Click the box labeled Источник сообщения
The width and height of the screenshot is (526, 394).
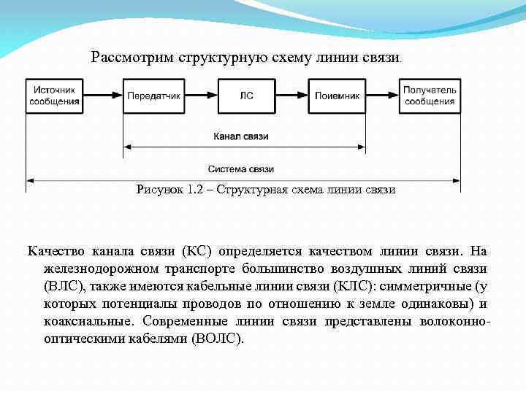click(55, 96)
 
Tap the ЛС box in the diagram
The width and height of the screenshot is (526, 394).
click(247, 96)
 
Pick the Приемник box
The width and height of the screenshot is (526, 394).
click(338, 96)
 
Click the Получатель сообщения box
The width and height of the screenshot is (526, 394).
click(430, 96)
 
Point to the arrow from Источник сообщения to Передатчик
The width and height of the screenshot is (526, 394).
click(103, 96)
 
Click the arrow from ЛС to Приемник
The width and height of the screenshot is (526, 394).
click(292, 96)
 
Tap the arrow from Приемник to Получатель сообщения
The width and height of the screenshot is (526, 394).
click(383, 96)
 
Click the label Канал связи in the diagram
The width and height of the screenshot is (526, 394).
click(241, 136)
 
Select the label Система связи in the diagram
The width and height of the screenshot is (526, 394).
click(241, 169)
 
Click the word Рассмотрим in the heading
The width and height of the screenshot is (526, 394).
click(131, 57)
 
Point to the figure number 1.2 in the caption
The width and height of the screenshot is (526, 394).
click(196, 190)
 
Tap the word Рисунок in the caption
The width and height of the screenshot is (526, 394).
click(160, 190)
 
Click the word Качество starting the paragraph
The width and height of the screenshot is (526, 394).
click(57, 251)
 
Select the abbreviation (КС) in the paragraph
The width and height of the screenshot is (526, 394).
click(197, 251)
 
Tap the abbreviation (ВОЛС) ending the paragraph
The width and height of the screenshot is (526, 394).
click(216, 339)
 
